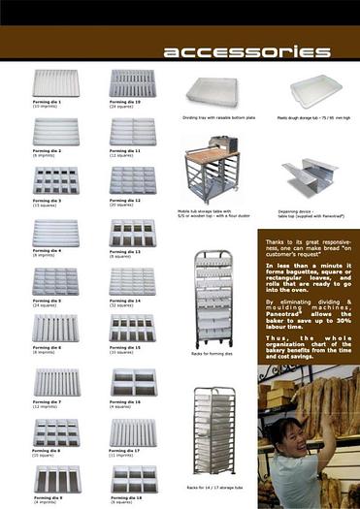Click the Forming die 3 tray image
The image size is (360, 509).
(55, 181)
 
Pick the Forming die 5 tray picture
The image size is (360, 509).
(55, 281)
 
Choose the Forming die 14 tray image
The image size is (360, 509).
(132, 281)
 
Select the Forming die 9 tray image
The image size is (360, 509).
(55, 478)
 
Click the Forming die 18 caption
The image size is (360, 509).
(125, 499)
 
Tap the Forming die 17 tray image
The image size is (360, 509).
(132, 429)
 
